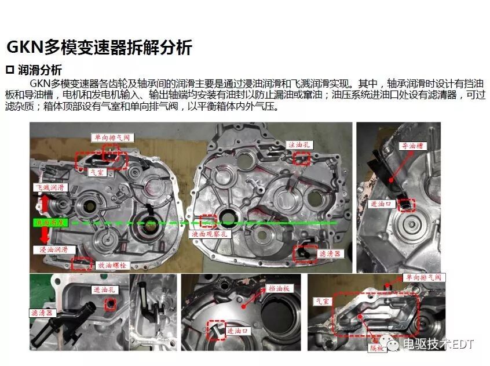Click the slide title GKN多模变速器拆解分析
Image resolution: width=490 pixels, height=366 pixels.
98,48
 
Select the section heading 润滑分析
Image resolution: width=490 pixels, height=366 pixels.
40,70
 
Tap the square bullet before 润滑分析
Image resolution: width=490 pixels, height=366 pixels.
9,70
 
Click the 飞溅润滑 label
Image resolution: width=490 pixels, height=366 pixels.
50,188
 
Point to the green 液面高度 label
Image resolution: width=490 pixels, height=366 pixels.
52,222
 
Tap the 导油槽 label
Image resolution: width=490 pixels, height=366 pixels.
412,147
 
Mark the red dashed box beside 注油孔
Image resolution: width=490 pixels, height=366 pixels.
302,158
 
